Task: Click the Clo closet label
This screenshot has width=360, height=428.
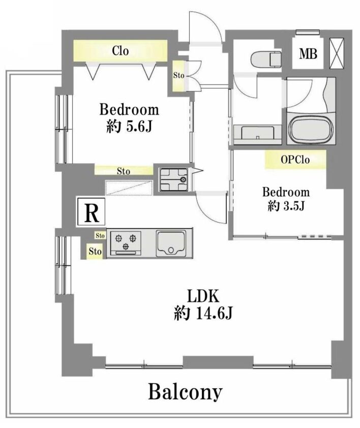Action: (x=120, y=51)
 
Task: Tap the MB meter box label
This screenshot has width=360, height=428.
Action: (x=308, y=53)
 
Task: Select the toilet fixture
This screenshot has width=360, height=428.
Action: (x=265, y=58)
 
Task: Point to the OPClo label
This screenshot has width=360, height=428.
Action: (x=295, y=160)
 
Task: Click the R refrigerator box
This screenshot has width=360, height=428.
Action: (x=91, y=211)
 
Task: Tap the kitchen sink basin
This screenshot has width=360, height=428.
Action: (x=171, y=243)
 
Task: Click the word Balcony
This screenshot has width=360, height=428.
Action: (x=185, y=392)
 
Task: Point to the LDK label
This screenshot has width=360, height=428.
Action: (x=203, y=296)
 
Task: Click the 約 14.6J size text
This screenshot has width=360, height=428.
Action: (x=203, y=313)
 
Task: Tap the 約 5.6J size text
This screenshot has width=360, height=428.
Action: (x=129, y=126)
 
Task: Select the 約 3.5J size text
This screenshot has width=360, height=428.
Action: (x=286, y=206)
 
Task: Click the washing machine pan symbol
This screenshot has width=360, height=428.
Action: (x=174, y=179)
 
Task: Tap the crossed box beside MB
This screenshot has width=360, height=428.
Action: (x=337, y=53)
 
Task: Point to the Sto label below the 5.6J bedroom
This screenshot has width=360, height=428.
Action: (x=124, y=171)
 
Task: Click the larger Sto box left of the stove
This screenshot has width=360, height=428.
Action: (x=95, y=251)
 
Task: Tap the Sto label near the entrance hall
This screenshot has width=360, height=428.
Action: (x=178, y=75)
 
